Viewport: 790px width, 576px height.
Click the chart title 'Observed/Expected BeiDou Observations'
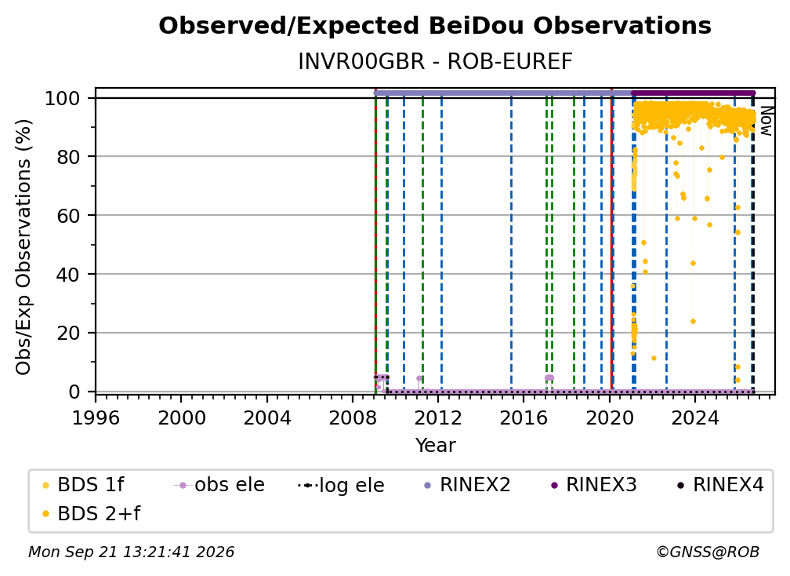coord(435,26)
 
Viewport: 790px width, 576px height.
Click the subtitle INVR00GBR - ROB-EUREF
coord(435,61)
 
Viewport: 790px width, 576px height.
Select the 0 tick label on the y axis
coord(74,392)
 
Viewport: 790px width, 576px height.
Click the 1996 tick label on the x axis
coord(96,417)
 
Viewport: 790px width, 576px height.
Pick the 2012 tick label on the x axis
coord(438,417)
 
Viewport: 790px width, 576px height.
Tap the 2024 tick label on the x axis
coord(694,417)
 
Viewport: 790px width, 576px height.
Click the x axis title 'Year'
coord(435,446)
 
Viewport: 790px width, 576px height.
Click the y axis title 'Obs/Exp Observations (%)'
coord(24,247)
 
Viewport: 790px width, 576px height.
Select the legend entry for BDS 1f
coord(84,485)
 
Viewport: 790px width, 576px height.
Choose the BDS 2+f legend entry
coord(91,514)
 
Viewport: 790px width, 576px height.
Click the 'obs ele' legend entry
coord(219,485)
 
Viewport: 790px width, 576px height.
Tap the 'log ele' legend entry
coord(341,485)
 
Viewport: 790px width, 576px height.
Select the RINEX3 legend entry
coord(593,485)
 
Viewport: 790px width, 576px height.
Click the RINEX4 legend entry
coord(720,485)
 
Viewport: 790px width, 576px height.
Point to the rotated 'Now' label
coord(766,121)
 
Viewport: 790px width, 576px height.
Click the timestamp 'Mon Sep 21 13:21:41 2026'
coord(131,552)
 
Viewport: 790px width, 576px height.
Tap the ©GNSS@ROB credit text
coord(708,552)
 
